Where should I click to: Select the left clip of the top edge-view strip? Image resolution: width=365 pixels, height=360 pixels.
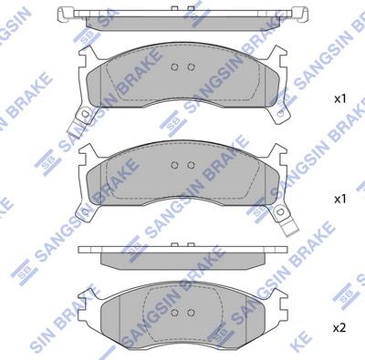[64, 13]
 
